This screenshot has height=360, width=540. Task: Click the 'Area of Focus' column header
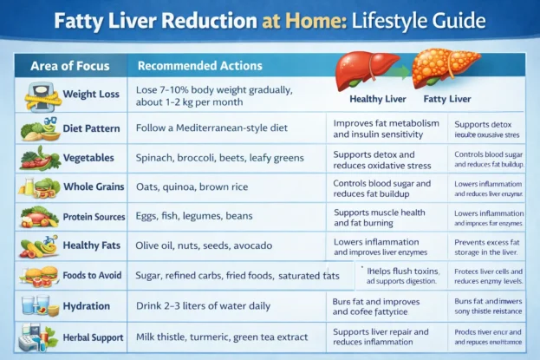coord(69,65)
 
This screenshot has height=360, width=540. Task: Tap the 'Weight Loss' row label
coord(92,94)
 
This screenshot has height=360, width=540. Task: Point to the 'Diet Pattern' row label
coord(92,128)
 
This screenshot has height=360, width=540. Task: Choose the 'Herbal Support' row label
coord(98,337)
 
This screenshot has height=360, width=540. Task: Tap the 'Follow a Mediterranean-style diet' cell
coord(222,128)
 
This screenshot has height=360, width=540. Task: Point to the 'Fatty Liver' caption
coord(447,99)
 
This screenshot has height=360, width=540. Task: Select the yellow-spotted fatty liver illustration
coord(445,68)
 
